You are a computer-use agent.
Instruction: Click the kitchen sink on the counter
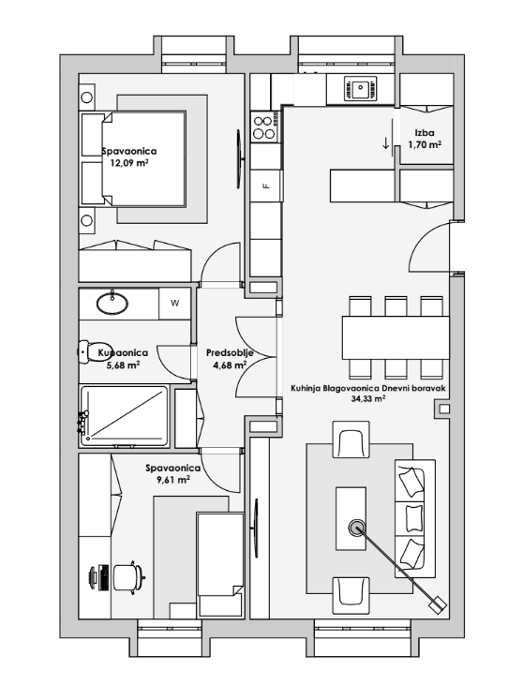(360, 88)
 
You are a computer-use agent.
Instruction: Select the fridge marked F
(266, 186)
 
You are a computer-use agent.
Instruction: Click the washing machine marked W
(174, 304)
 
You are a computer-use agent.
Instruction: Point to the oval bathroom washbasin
(112, 303)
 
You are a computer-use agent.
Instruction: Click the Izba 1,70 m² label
(425, 139)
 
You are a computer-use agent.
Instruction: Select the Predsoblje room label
(230, 353)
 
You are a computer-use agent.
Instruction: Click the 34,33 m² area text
(368, 399)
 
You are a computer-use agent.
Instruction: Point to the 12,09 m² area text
(129, 163)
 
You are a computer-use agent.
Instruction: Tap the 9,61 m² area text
(172, 481)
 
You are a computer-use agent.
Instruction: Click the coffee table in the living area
(351, 518)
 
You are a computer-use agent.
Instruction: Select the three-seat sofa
(415, 519)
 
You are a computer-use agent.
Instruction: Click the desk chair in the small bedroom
(128, 577)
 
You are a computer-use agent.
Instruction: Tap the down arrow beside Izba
(385, 143)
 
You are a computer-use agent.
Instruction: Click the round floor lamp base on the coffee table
(356, 529)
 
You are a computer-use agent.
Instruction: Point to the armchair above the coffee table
(351, 439)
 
